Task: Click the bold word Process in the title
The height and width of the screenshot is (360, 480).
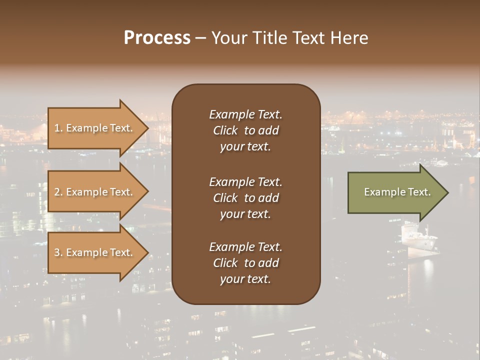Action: coord(157,38)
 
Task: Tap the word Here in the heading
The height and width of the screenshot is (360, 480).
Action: coord(348,38)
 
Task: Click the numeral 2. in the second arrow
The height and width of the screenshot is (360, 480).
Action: coord(58,192)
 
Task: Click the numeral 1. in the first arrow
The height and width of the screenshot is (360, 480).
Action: coord(58,128)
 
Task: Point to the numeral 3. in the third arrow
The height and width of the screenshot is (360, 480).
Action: coord(58,252)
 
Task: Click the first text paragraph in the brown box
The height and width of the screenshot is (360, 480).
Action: coord(245,130)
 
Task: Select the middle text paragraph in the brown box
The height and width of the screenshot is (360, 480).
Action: coord(245,198)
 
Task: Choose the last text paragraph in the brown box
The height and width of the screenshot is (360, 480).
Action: coord(245,263)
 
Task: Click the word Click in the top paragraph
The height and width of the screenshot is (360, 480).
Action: coord(225,130)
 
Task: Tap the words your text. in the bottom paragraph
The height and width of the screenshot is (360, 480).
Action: coord(245,279)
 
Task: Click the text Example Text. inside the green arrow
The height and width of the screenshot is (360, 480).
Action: coord(397,192)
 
